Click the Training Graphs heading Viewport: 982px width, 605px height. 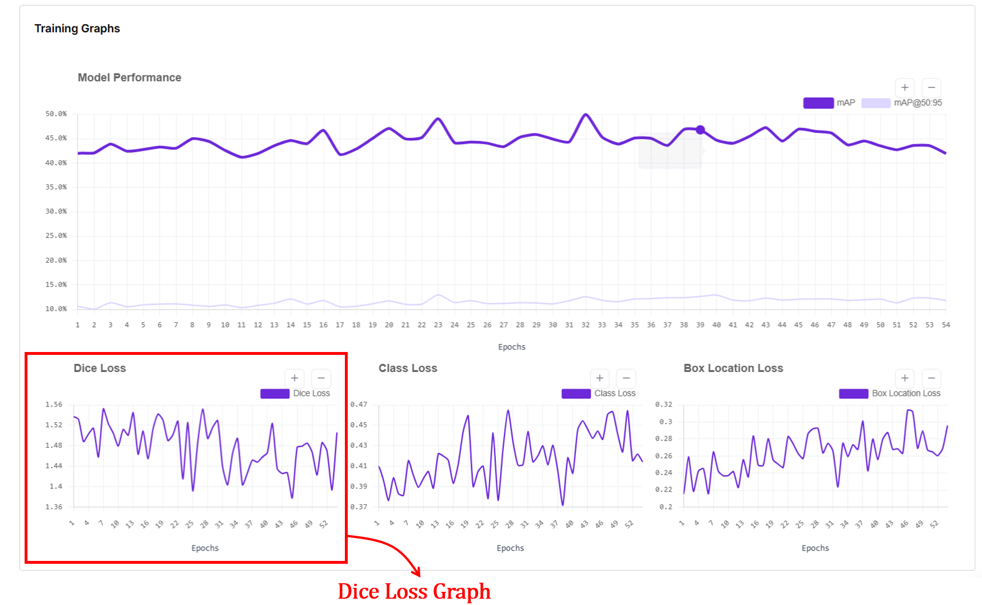(77, 29)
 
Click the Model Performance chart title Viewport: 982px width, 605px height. (129, 77)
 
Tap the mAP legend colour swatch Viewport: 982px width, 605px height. (818, 103)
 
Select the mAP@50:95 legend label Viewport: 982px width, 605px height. (917, 103)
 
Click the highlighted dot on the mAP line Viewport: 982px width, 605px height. (700, 130)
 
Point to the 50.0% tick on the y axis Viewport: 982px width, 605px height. (56, 114)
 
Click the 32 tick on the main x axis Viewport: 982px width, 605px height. (585, 325)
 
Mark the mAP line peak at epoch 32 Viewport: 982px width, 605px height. (585, 114)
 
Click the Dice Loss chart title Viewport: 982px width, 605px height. (100, 368)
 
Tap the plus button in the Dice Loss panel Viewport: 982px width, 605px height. (295, 378)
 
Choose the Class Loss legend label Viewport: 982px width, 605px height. (615, 393)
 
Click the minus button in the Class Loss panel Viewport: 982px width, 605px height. (626, 378)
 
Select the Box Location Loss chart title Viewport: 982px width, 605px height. (733, 368)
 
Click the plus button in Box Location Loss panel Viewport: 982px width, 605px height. (905, 378)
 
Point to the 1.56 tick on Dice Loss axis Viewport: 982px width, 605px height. (54, 405)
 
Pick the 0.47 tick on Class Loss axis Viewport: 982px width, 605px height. (359, 405)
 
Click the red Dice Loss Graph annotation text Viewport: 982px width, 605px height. (414, 591)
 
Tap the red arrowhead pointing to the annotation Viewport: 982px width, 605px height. (417, 572)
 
